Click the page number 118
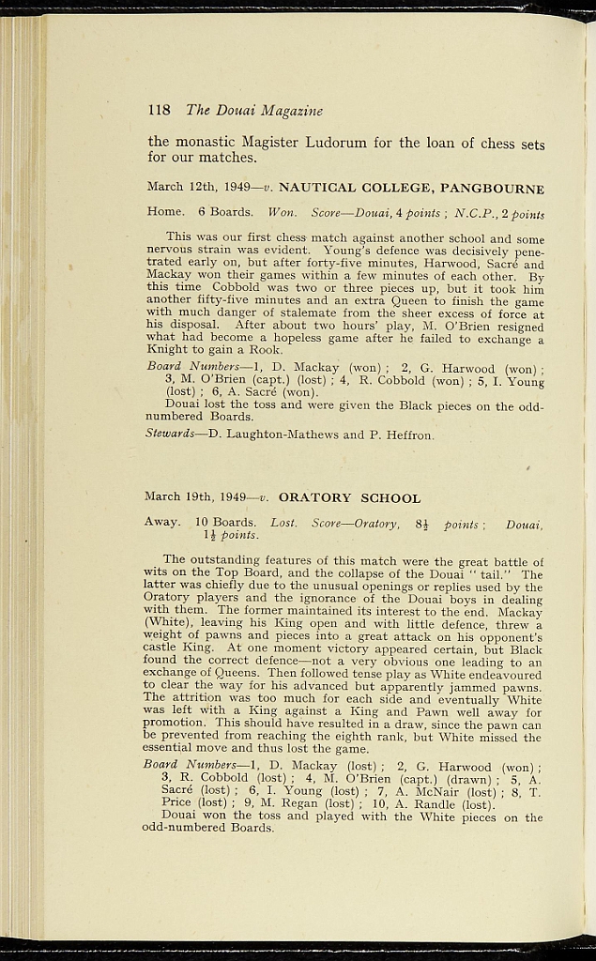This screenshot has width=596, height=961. click(x=159, y=110)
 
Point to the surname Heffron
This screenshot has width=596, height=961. click(x=406, y=434)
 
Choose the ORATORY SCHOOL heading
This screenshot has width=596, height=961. click(x=349, y=497)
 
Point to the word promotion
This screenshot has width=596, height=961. click(x=176, y=724)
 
